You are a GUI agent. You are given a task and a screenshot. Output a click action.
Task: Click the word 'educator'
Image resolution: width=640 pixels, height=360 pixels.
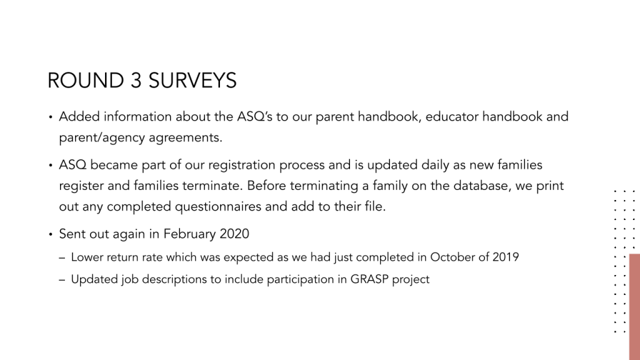452,117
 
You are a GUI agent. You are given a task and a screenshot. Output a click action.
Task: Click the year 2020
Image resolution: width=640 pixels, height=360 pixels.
234,234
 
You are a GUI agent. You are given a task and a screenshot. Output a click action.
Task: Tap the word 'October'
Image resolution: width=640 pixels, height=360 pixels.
452,257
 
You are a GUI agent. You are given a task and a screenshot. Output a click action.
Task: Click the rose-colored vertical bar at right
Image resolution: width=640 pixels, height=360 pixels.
634,306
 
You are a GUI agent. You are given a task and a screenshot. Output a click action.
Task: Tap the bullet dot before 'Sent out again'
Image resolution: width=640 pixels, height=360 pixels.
51,235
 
